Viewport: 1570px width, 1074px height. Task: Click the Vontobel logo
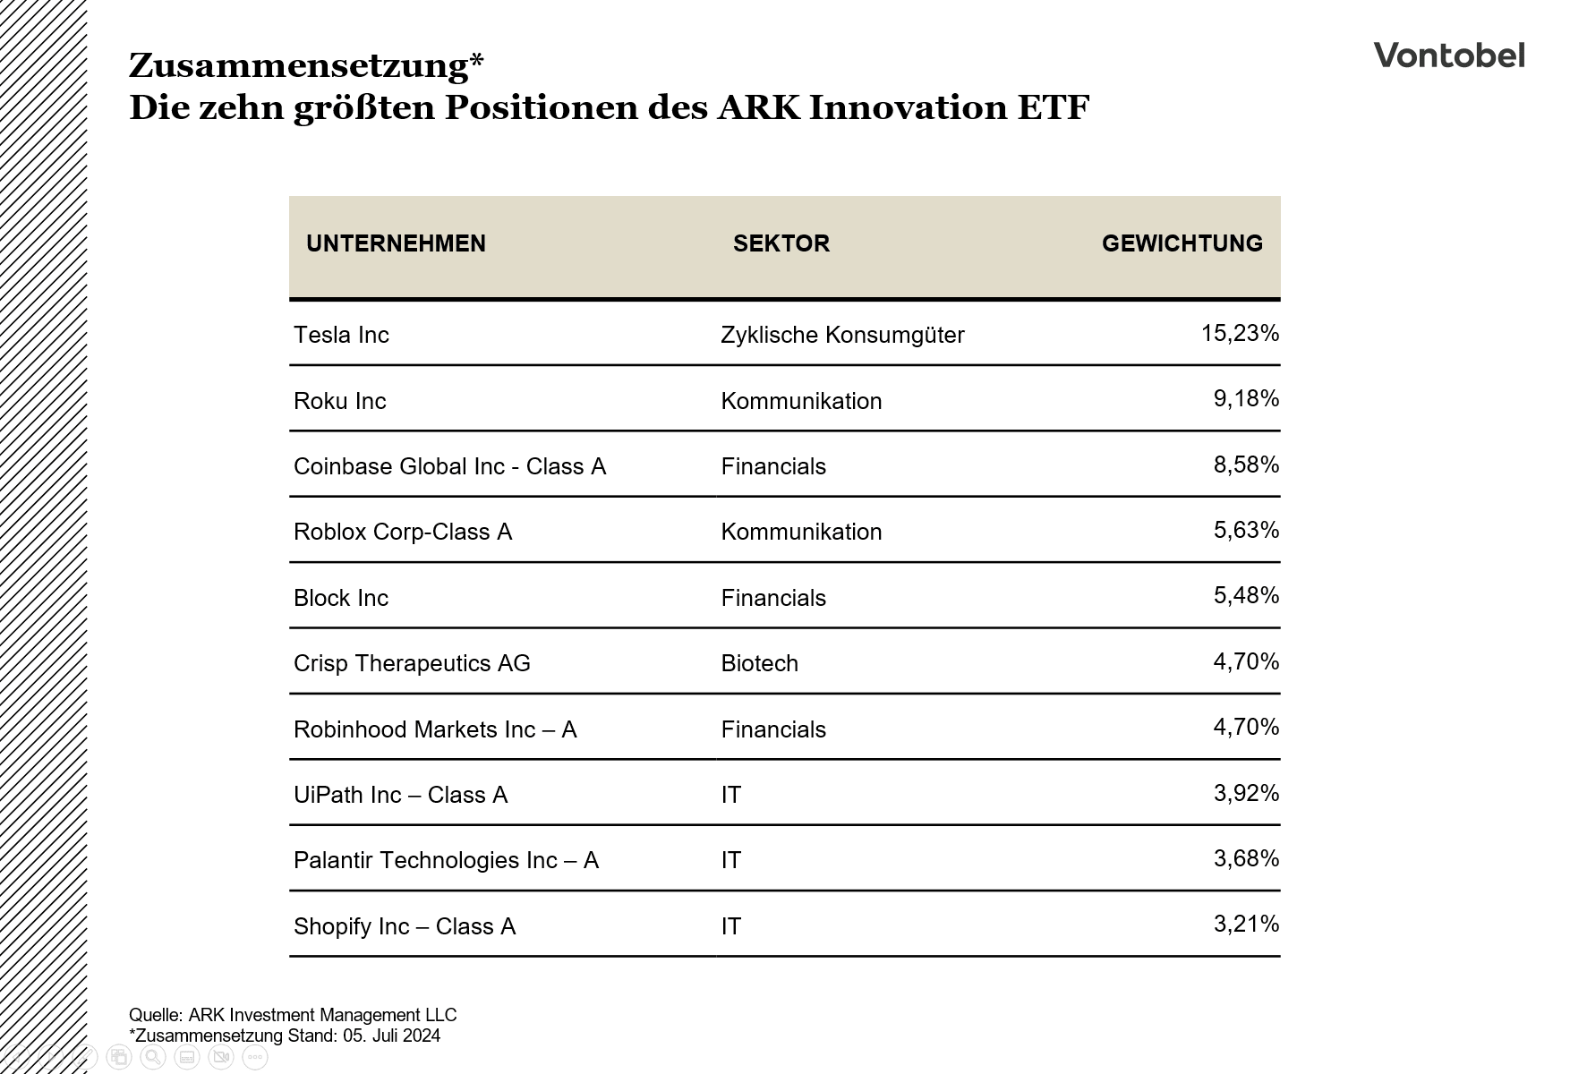[x=1448, y=55]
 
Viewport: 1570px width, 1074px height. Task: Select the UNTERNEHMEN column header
[x=396, y=243]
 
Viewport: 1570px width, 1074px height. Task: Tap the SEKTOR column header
[x=781, y=243]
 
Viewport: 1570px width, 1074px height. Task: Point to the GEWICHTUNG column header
[x=1182, y=243]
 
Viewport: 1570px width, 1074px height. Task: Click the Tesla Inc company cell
[x=341, y=335]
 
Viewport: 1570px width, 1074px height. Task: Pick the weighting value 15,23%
[x=1240, y=334]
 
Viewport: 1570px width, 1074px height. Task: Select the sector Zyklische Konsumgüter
[x=842, y=335]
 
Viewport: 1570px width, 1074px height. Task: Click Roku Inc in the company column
[x=340, y=401]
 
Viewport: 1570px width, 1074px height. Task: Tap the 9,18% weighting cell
[x=1246, y=399]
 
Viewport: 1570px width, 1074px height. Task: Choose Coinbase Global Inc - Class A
[x=449, y=466]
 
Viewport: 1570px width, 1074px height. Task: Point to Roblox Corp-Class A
[x=403, y=532]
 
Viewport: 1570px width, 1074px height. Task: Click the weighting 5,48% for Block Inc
[x=1246, y=596]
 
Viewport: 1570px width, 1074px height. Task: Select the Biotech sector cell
[x=759, y=663]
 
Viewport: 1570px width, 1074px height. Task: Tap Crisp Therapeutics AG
[x=412, y=663]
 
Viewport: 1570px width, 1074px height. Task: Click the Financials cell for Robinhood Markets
[x=773, y=729]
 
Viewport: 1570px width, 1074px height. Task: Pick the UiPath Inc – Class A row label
[x=400, y=795]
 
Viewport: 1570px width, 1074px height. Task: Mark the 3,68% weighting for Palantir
[x=1246, y=859]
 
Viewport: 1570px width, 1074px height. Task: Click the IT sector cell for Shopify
[x=731, y=926]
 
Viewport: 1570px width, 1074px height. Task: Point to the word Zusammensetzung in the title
[x=299, y=65]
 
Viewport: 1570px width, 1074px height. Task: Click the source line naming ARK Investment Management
[x=293, y=1015]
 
